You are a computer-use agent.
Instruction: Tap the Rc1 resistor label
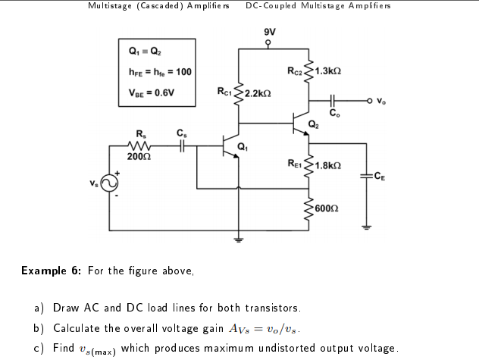tap(225, 92)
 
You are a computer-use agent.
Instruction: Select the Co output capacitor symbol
tap(333, 101)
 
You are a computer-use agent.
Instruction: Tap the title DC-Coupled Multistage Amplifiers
tap(318, 6)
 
